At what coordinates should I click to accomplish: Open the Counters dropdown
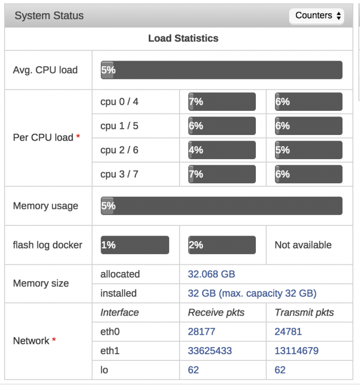(x=316, y=16)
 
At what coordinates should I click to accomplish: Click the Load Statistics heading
(x=183, y=38)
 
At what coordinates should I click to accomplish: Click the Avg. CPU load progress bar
(x=222, y=70)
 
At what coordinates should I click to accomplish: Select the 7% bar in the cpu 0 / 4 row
(x=222, y=102)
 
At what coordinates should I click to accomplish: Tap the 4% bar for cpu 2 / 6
(x=222, y=150)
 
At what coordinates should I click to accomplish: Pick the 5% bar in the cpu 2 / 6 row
(x=309, y=150)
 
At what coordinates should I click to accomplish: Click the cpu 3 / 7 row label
(x=119, y=174)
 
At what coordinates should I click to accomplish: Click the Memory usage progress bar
(x=222, y=206)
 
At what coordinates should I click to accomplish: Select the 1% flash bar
(x=135, y=245)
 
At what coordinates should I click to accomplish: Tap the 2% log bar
(x=222, y=245)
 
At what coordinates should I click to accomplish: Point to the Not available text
(x=303, y=245)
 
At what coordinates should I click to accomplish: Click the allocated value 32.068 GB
(x=211, y=274)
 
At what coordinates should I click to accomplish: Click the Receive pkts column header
(x=216, y=313)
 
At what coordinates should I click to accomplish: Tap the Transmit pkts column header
(x=304, y=313)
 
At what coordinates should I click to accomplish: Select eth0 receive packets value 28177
(x=202, y=332)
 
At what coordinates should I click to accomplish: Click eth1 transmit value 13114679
(x=296, y=351)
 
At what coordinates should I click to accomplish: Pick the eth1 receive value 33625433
(x=210, y=351)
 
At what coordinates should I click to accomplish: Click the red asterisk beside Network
(x=54, y=339)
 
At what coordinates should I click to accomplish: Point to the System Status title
(x=49, y=15)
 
